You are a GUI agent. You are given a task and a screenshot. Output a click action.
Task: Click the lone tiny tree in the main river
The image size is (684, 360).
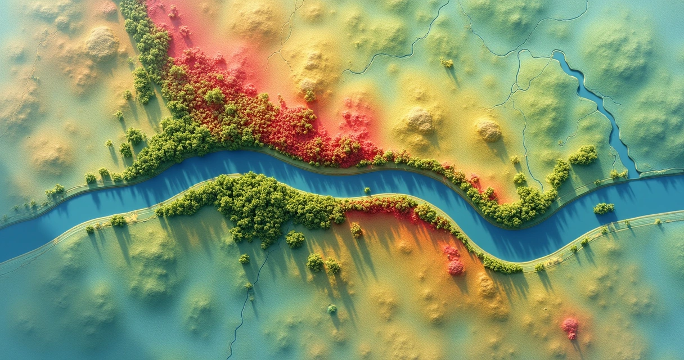367,190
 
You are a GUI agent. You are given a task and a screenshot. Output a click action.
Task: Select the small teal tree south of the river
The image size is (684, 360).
332,308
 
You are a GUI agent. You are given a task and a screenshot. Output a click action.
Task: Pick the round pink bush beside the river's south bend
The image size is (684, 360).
455,267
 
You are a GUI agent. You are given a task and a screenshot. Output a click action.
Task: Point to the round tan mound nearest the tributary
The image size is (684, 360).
488,130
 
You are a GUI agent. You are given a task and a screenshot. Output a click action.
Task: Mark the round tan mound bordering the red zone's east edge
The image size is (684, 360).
420,120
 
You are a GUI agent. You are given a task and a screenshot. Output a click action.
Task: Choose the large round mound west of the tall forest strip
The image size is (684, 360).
101,44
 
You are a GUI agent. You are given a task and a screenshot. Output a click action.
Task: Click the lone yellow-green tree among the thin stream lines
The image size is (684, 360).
447,62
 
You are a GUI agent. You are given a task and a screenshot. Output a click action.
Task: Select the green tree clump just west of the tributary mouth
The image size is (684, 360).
583,155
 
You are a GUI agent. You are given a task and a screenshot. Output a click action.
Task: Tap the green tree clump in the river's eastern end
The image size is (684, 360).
604,208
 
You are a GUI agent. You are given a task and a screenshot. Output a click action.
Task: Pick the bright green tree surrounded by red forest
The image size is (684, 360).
214,96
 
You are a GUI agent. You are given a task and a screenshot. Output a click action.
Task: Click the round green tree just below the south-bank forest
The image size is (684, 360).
295,239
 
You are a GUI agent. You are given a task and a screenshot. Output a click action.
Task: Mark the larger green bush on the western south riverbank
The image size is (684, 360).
118,220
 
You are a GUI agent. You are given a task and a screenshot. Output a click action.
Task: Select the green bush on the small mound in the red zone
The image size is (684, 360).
309,96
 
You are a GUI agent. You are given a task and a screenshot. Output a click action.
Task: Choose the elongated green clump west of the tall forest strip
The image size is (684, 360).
142,85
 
